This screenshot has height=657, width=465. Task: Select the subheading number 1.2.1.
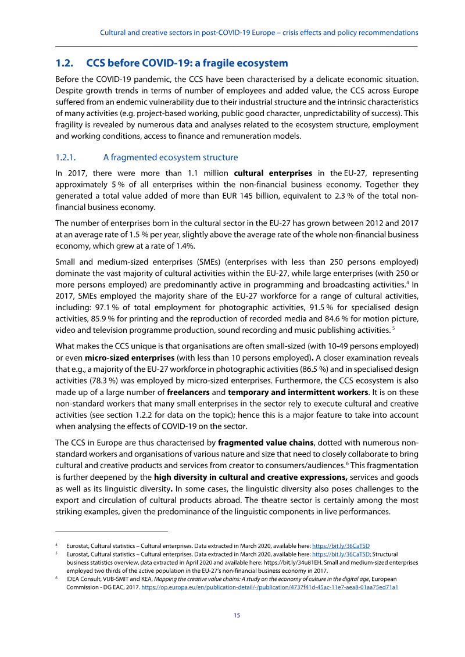tap(69, 157)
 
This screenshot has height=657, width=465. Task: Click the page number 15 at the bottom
tap(237, 615)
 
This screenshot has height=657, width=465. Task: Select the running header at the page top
tap(259, 33)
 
